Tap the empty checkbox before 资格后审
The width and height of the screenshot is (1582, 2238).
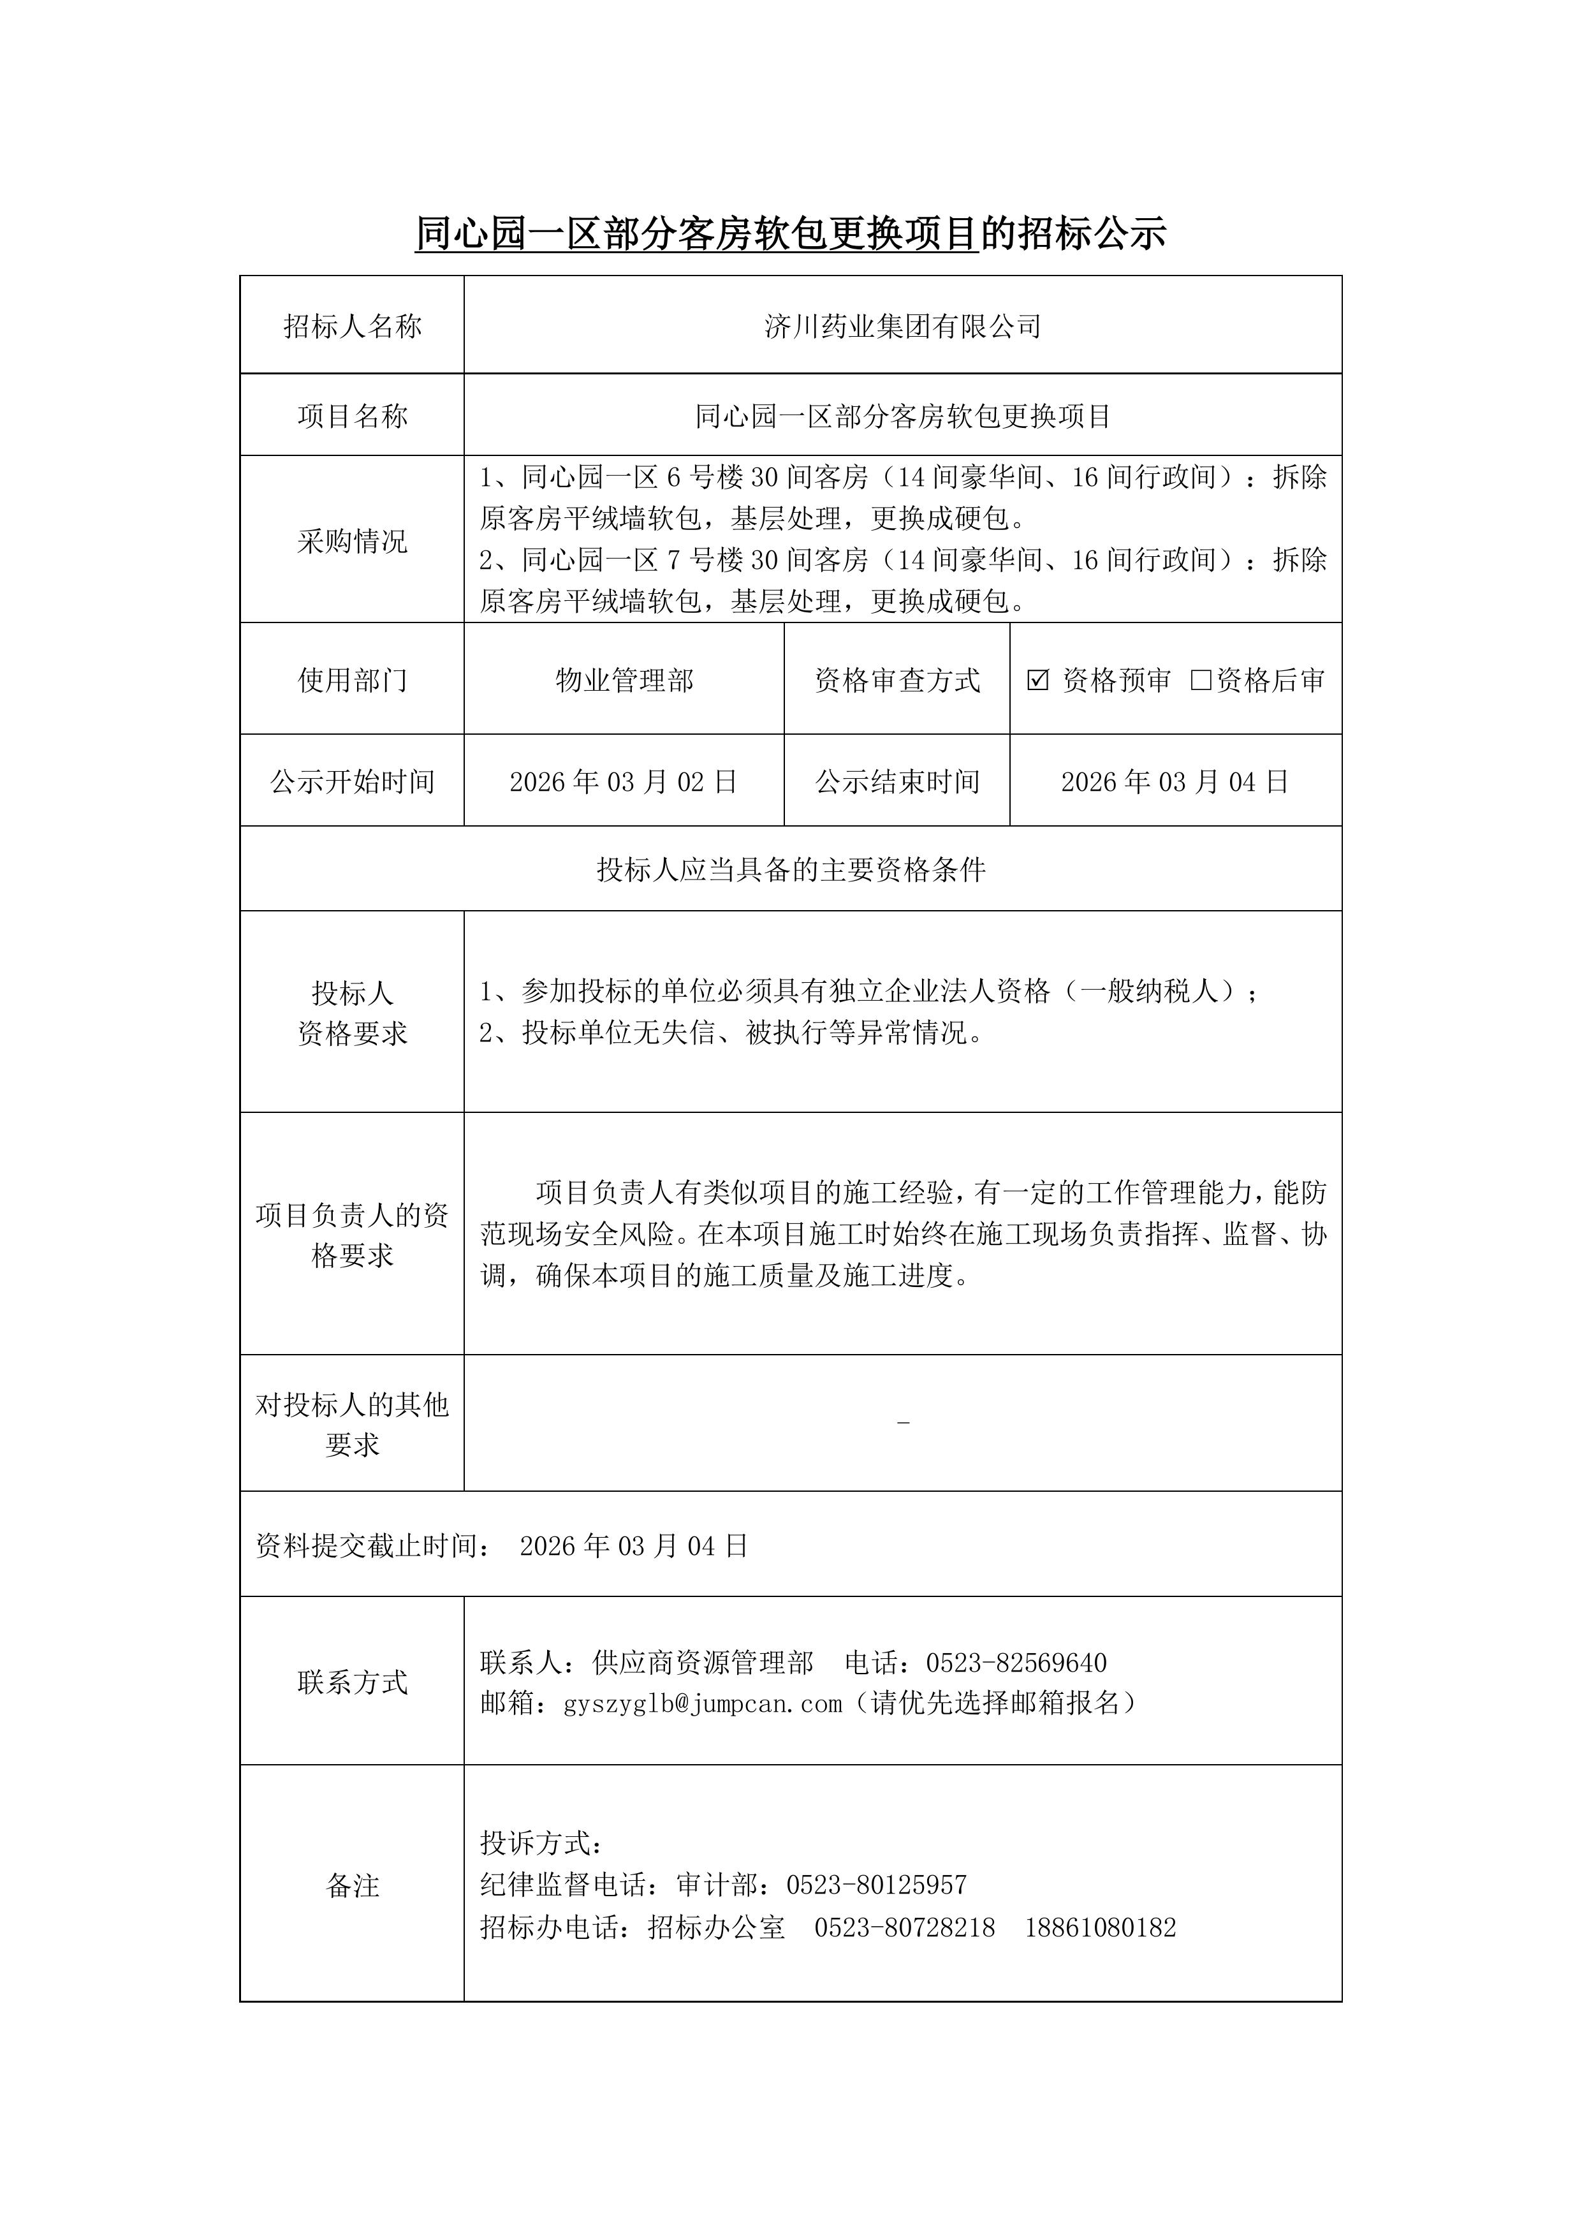(1201, 681)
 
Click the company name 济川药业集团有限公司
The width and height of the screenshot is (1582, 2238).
(903, 327)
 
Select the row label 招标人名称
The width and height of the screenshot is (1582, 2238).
(352, 327)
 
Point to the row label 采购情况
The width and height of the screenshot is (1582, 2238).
(352, 541)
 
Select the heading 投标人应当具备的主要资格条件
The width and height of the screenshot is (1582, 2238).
(791, 869)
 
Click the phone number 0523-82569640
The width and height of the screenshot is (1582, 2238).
(1016, 1663)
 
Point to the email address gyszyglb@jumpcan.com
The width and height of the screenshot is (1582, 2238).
(703, 1704)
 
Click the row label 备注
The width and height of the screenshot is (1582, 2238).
(352, 1886)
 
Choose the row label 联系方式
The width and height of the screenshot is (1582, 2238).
(352, 1682)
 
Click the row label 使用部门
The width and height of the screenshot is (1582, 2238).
(352, 681)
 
